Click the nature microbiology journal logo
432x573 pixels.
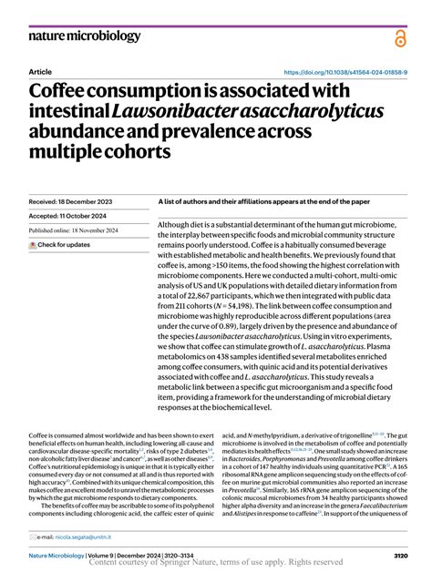85,36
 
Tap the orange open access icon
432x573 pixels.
399,37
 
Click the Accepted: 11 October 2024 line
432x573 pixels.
69,216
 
